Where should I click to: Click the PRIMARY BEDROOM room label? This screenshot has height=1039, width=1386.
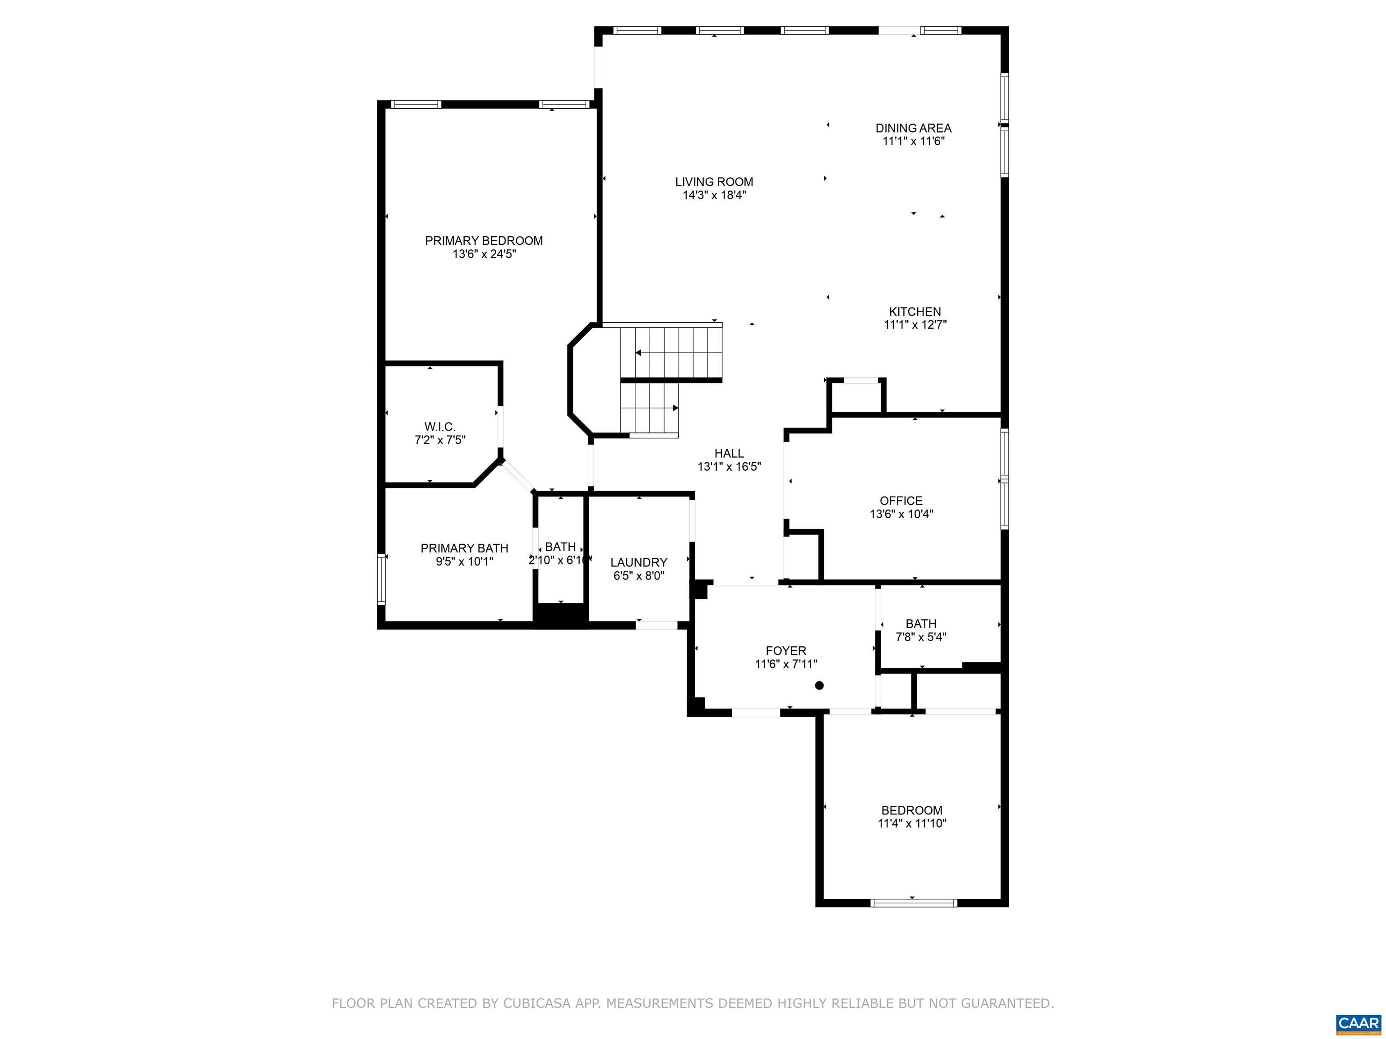click(x=483, y=240)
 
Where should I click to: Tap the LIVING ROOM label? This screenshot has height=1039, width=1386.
click(x=714, y=182)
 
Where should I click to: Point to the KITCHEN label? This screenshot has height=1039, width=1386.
click(x=915, y=311)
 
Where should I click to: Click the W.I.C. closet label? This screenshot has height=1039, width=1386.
click(x=440, y=427)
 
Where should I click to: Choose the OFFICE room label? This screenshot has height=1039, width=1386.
click(x=901, y=501)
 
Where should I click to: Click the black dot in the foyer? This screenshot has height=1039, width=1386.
click(x=819, y=685)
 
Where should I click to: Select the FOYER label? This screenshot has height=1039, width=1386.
click(x=786, y=651)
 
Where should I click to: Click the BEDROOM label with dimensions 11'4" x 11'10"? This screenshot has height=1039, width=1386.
click(x=912, y=810)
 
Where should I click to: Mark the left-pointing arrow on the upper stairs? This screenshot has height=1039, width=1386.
click(x=638, y=353)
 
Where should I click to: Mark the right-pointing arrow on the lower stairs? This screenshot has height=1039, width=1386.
click(x=675, y=408)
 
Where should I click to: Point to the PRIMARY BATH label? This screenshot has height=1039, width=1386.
click(x=464, y=548)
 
